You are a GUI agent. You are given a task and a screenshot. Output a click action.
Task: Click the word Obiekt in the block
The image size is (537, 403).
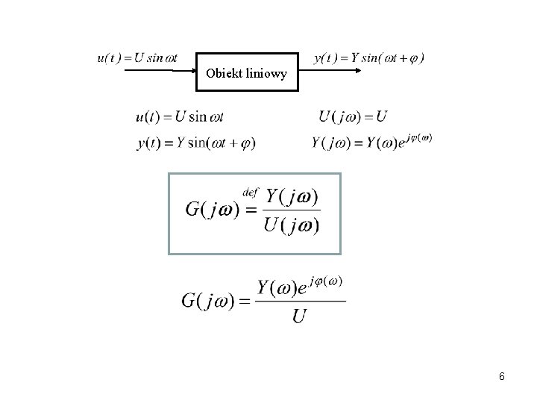point(222,74)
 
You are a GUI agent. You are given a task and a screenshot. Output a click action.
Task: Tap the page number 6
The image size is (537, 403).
point(502,377)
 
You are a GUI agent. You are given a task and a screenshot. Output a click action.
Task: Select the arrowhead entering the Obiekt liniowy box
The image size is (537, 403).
point(191,71)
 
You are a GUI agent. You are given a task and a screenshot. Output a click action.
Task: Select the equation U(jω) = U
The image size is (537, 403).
point(352,116)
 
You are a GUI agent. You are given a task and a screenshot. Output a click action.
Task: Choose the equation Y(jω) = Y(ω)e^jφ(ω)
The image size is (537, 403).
point(371,142)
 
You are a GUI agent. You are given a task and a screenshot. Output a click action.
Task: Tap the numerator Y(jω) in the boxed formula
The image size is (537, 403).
point(292,197)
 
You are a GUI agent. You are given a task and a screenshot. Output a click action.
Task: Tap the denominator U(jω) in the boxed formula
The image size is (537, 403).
point(292,225)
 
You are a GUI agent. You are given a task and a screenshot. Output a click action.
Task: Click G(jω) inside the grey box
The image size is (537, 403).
point(212,210)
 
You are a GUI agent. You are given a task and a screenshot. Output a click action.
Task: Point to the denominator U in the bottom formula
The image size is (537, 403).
point(299,317)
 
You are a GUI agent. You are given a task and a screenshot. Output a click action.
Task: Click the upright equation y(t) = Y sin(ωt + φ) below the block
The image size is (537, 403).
point(195,143)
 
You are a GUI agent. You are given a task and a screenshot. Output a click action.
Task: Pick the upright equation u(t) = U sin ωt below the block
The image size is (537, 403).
point(180,116)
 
